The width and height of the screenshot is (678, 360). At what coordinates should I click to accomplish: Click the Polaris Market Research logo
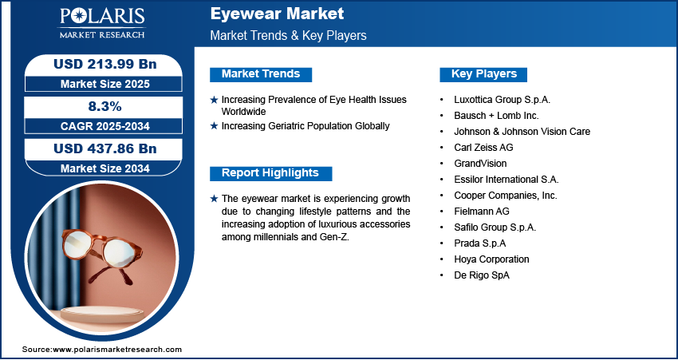(x=102, y=23)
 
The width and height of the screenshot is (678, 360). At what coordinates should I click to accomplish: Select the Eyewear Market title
(x=277, y=14)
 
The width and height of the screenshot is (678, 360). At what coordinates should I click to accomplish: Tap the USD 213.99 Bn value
(x=104, y=64)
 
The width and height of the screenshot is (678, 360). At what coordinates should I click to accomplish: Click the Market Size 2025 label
(x=104, y=84)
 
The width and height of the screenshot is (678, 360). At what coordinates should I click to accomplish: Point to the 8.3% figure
(x=105, y=106)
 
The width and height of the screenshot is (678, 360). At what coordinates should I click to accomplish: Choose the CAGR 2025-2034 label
(x=105, y=126)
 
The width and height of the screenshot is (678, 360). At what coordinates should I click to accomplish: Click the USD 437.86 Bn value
(x=104, y=148)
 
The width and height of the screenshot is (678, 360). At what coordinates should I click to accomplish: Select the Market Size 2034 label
(x=104, y=168)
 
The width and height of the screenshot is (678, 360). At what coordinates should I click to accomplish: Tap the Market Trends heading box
(x=261, y=74)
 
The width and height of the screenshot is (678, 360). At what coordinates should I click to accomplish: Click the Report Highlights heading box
(x=270, y=173)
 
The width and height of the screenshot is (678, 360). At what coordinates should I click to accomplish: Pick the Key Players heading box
(x=483, y=74)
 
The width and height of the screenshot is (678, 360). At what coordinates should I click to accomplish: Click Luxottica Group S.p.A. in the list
(x=502, y=100)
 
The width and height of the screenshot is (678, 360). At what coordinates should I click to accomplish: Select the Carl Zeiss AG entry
(x=483, y=148)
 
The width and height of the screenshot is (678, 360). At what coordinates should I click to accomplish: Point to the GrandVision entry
(x=480, y=164)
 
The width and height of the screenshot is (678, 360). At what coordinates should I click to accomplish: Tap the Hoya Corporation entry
(x=491, y=259)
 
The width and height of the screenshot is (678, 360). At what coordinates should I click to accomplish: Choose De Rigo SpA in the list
(x=482, y=275)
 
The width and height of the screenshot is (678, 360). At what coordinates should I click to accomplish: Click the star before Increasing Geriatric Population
(x=214, y=126)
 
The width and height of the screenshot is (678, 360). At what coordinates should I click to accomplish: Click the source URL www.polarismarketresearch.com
(x=117, y=349)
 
